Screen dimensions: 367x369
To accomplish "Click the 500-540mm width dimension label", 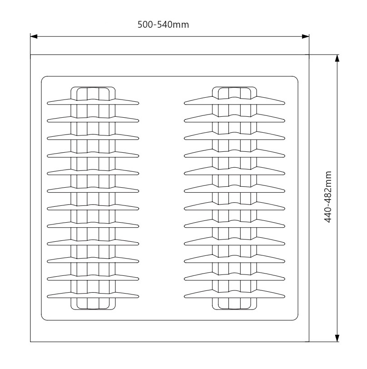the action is tap(163, 25).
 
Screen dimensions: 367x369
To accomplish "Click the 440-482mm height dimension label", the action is tap(328, 197).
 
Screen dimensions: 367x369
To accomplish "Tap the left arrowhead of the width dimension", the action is tap(34, 36).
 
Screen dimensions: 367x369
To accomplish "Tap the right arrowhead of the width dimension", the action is tap(305, 36).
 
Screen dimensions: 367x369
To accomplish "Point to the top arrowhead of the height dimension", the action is tap(337, 58).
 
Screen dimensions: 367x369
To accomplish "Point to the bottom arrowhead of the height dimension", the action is tap(337, 338).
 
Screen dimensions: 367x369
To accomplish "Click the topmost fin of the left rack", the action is tap(93, 102).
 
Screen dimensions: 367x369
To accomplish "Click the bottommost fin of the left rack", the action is tap(93, 295).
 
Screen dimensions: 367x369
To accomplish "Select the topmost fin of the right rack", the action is tap(235, 100).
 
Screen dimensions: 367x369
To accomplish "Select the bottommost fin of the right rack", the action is tap(235, 294).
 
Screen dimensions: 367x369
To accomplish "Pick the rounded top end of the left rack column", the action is tap(93, 87).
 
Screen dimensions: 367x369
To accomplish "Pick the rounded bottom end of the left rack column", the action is tap(93, 309).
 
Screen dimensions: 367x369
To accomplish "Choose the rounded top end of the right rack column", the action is tap(235, 87).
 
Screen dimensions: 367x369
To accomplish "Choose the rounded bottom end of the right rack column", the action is tap(235, 309).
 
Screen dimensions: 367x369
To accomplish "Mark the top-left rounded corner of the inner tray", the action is tap(43, 78).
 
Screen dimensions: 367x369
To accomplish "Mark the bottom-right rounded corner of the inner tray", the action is tap(297, 319).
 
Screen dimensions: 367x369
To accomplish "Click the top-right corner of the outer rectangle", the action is tap(309, 55).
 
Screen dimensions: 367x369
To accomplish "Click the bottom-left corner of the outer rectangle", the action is tap(30, 342).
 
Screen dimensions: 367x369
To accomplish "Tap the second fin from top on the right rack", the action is tap(235, 118).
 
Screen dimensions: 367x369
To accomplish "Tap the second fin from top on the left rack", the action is tap(93, 120).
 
